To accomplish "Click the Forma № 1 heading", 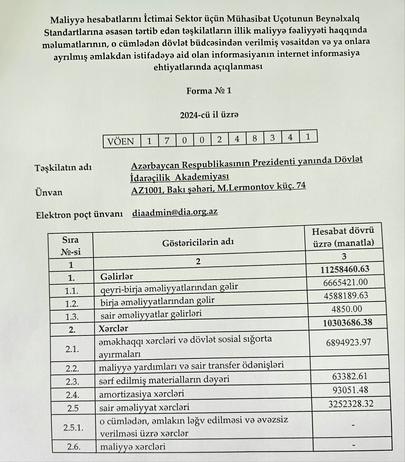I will pos(209,91).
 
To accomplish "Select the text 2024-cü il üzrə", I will pos(209,115).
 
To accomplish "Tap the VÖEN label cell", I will pos(121,141).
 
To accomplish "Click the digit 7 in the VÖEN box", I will pos(167,141).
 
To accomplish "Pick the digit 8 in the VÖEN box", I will pos(255,139).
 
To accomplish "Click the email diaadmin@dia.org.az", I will pos(175,213).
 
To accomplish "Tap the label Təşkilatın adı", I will pos(63,167).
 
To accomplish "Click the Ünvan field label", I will pos(49,192).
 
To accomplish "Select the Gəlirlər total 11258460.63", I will pos(345,269).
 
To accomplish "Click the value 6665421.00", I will pos(345,282).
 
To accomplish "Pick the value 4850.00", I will pos(347,309).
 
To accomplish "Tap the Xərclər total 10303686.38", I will pos(347,323).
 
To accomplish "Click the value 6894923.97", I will pos(348,342).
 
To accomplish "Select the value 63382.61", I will pos(350,376).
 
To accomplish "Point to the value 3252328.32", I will pos(351,403).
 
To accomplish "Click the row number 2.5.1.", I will pos(73,427).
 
